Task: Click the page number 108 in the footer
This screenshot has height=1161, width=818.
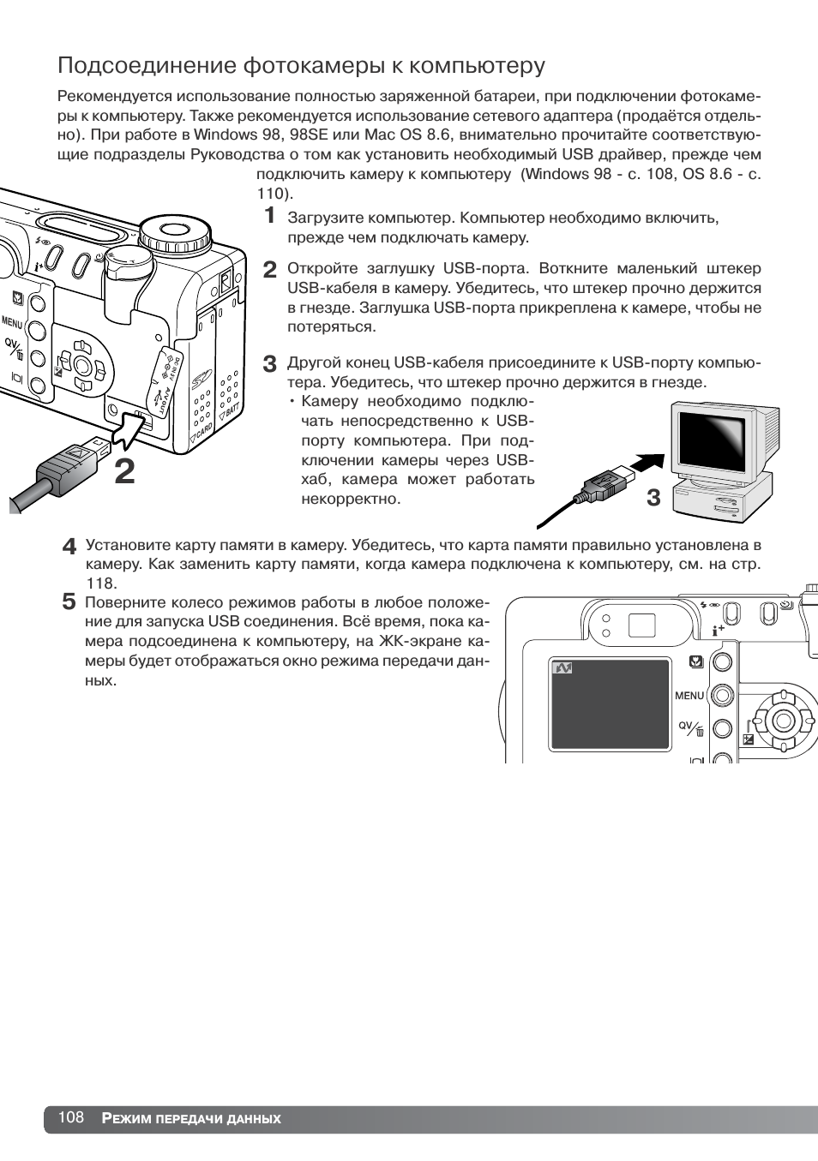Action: [x=71, y=1117]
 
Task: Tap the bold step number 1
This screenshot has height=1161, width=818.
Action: [x=269, y=214]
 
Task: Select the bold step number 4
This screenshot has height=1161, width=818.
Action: [x=69, y=547]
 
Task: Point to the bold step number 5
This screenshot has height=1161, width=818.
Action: [x=69, y=601]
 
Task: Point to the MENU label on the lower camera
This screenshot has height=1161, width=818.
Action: [x=689, y=696]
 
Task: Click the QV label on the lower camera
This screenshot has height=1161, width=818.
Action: [x=686, y=726]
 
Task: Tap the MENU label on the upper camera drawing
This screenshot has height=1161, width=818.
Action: [x=11, y=323]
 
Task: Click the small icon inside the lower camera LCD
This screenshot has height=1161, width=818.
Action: [x=562, y=667]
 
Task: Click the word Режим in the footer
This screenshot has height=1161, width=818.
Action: [x=126, y=1118]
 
